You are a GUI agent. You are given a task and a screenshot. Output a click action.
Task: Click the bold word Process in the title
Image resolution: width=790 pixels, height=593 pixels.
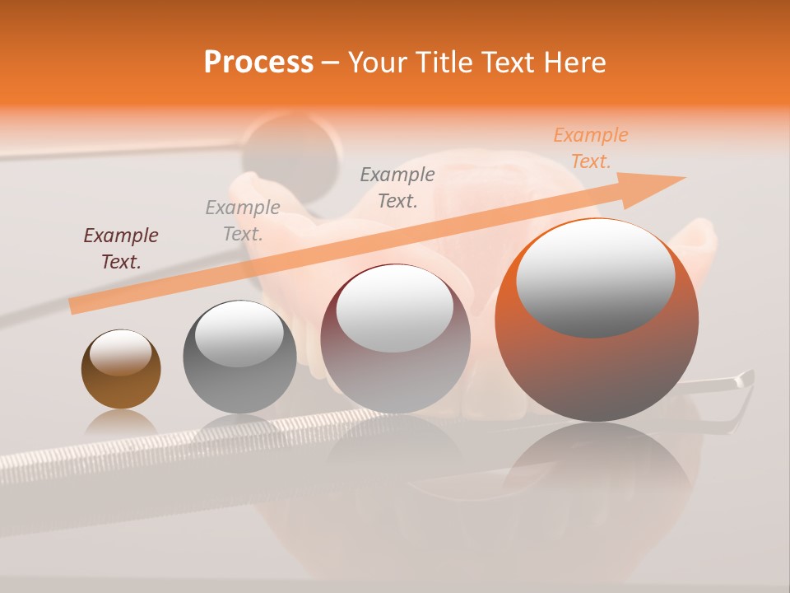[x=258, y=63]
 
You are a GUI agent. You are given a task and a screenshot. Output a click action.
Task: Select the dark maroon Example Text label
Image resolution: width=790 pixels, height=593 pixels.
[x=121, y=249]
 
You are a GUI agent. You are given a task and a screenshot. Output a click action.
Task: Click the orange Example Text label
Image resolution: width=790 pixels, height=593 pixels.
[x=590, y=148]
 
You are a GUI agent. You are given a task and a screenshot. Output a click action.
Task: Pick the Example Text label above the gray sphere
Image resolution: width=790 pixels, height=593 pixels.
[x=243, y=221]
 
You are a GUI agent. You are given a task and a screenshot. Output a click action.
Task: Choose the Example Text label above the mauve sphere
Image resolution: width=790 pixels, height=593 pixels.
[x=397, y=188]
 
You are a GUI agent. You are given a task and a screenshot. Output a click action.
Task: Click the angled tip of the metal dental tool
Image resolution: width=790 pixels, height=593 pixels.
[x=745, y=379]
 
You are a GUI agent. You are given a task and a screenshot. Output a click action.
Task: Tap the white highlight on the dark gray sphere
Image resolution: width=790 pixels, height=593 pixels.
[x=239, y=334]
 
